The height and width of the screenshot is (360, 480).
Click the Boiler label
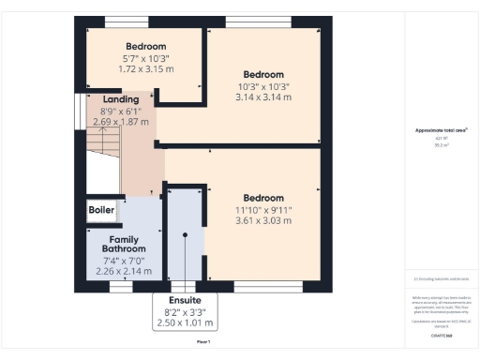(x=101, y=210)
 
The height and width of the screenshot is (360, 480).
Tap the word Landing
(x=121, y=99)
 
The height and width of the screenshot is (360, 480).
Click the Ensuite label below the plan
(x=184, y=299)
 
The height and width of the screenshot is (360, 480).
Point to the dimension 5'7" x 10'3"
(x=145, y=58)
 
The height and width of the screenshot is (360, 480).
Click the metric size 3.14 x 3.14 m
(x=263, y=97)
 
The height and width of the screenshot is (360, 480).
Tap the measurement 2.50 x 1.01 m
(x=184, y=322)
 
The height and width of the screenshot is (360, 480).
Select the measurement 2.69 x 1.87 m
(x=121, y=121)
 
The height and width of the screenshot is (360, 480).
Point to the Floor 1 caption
(x=202, y=343)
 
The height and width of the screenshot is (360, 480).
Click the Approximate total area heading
(x=441, y=130)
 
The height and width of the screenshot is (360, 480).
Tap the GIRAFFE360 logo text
(x=441, y=334)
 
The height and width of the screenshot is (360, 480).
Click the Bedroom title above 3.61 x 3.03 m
(x=263, y=198)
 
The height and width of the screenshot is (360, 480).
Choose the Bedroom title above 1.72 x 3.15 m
(x=145, y=46)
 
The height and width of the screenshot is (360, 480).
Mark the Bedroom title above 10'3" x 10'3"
(x=263, y=74)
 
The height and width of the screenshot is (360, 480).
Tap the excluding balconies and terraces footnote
(x=441, y=278)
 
